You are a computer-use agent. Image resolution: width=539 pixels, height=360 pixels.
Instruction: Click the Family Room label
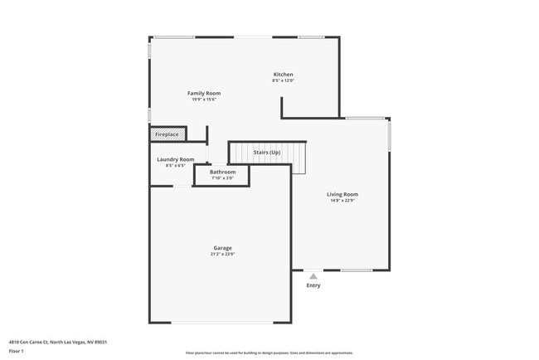(203, 93)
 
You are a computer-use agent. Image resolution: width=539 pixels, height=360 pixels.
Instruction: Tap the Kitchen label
(284, 74)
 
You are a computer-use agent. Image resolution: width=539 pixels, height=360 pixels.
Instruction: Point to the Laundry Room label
(176, 159)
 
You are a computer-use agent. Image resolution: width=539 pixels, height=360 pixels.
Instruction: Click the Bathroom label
(222, 172)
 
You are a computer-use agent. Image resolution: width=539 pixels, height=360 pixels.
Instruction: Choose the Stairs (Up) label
(267, 153)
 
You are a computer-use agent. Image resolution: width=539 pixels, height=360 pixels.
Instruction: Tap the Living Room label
(342, 194)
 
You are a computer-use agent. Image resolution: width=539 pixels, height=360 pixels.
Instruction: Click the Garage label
(222, 247)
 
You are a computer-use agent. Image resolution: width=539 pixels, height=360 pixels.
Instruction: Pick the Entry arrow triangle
(313, 276)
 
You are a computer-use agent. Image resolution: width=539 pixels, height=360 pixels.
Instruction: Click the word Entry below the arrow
(313, 286)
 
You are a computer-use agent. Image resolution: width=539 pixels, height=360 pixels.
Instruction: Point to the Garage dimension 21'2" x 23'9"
(222, 254)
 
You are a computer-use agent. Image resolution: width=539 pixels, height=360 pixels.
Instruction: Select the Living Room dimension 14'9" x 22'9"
(342, 201)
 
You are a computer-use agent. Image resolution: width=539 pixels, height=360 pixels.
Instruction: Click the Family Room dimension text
(203, 100)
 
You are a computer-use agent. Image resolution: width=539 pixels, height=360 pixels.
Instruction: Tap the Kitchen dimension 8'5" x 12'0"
(284, 80)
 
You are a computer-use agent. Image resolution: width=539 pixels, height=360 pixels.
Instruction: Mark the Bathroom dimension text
(222, 178)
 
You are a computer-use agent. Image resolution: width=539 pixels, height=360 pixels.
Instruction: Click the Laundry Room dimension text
(176, 165)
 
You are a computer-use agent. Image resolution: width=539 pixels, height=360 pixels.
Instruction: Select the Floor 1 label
(17, 351)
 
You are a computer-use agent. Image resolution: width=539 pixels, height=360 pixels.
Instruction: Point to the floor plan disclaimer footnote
(269, 353)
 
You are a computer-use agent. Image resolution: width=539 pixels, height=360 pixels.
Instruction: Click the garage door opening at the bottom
(220, 323)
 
